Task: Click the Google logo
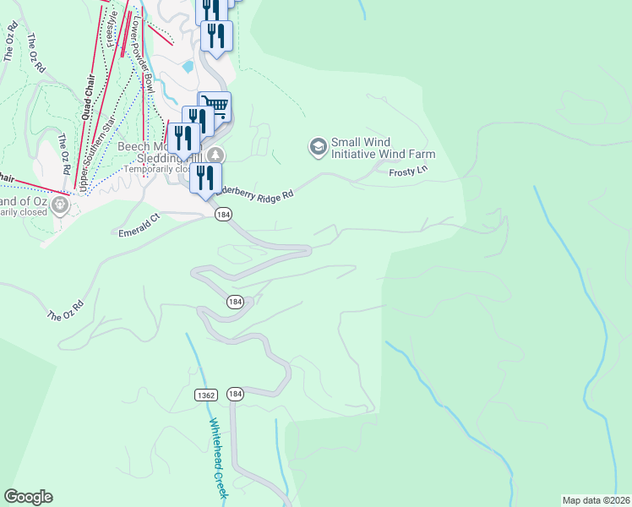tap(28, 497)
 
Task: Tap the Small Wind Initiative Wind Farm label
tap(383, 149)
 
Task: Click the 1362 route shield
tap(204, 395)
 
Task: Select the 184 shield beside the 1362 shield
tap(235, 395)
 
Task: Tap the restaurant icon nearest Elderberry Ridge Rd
tap(205, 178)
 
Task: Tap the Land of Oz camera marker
tap(60, 204)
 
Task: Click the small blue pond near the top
tap(188, 65)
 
